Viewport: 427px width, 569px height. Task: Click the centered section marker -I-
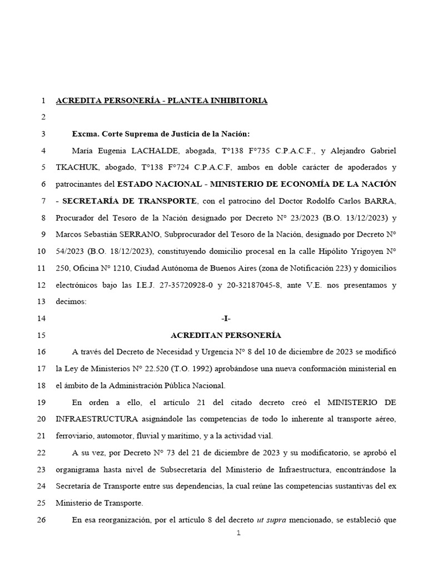pos(225,319)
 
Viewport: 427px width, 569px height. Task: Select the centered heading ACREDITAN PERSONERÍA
pos(225,336)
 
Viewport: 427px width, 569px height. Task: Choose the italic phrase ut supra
pos(271,520)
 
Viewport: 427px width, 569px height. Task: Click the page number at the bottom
pos(239,533)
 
